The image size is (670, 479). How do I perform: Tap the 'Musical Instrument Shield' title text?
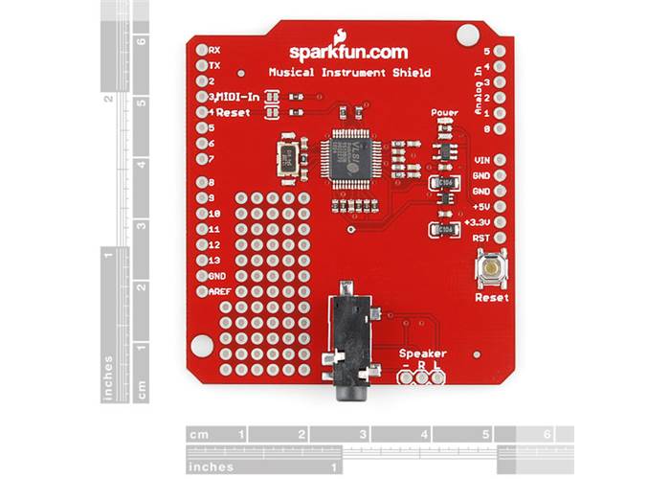coord(348,73)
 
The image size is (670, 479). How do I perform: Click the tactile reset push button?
coord(492,270)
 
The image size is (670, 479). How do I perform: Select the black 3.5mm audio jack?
coord(349,345)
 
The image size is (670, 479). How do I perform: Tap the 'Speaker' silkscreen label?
coord(422,354)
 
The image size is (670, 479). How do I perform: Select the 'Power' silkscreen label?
coord(445,113)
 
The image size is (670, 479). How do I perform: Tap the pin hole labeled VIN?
coord(499,160)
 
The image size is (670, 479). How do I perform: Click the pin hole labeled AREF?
coord(201,291)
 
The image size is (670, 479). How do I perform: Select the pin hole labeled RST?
coord(499,238)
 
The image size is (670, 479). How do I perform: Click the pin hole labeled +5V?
coord(499,207)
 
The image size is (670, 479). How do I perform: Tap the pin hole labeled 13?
coord(201,261)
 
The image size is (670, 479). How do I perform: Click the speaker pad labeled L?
coord(437,377)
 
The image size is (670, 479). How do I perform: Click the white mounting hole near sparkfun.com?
coord(466,36)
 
